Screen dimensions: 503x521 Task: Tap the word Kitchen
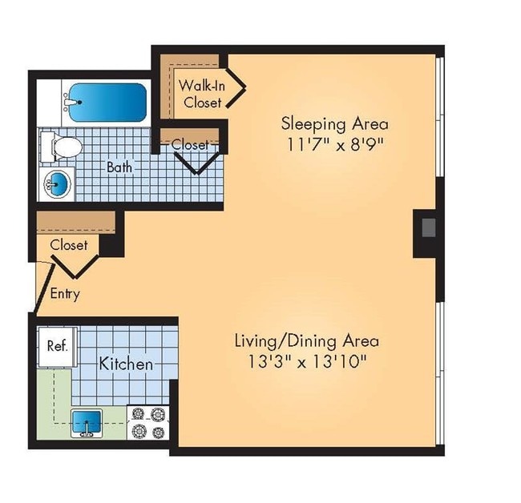click(x=126, y=364)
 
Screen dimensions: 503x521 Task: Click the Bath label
click(x=119, y=167)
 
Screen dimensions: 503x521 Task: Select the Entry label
click(x=65, y=294)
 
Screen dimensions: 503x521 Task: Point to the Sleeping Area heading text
click(x=334, y=124)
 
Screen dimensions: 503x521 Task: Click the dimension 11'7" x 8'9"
click(x=334, y=146)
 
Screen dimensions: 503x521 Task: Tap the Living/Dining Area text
click(x=306, y=340)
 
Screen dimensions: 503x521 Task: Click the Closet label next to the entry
click(x=69, y=245)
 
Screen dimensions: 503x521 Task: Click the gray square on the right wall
click(x=429, y=227)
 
